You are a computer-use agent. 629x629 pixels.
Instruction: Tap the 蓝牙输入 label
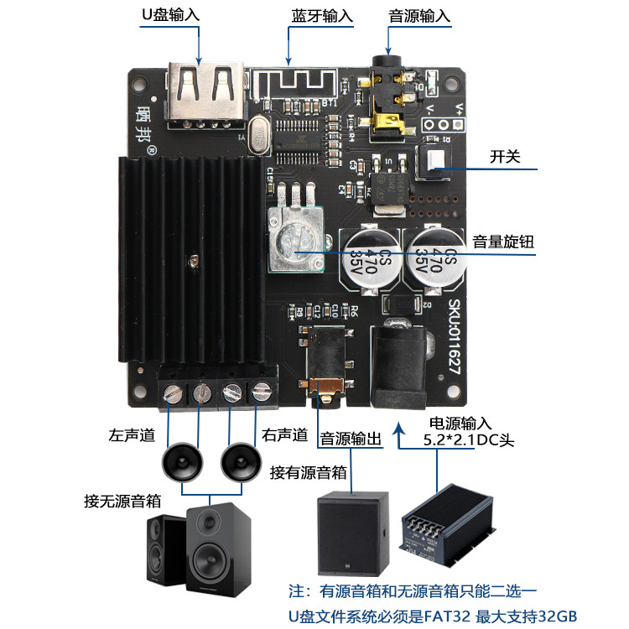(322, 16)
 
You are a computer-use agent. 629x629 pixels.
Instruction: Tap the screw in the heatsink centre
(195, 262)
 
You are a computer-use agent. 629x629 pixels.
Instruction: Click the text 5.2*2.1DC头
(466, 439)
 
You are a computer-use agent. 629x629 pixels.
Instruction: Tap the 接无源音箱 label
(122, 501)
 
